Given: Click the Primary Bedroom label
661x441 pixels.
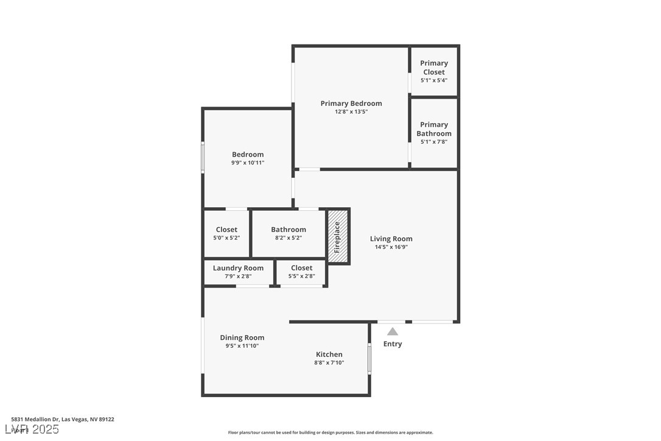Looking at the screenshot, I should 351,104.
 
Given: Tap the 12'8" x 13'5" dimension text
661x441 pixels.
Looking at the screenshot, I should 351,112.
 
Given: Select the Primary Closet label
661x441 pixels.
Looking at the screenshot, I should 434,67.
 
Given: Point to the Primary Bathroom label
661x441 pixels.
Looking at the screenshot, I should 434,129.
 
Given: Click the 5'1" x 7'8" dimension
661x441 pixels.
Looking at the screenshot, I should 434,142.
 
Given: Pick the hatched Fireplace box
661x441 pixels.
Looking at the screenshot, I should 338,237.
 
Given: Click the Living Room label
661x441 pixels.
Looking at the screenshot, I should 391,239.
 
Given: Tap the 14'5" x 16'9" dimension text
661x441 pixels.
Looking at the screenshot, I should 391,247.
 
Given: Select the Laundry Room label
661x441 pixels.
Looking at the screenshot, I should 238,268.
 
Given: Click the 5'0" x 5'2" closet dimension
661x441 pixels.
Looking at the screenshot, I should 226,238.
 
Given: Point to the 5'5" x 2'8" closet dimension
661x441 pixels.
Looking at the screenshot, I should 301,277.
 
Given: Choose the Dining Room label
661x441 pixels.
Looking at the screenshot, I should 242,337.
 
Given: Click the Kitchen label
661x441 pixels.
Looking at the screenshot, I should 329,355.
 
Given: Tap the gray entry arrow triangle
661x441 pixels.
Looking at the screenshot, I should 393,331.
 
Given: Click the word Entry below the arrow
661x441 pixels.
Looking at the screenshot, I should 393,344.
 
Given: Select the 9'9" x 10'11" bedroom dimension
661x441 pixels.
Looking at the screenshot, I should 248,163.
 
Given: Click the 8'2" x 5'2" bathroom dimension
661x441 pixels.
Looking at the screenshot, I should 289,238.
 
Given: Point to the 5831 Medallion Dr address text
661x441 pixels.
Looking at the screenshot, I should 63,419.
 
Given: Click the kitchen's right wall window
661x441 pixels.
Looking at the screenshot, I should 369,359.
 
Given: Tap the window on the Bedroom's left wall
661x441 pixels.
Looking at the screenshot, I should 203,157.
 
